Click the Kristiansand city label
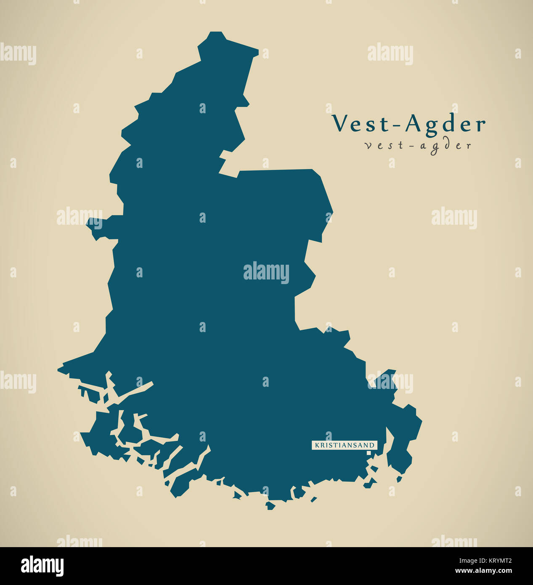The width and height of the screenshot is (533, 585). coord(345,445)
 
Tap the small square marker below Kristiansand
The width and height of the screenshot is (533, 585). coord(369,453)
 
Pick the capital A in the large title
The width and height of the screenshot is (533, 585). coord(414,123)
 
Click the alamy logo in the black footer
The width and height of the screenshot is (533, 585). coord(42,566)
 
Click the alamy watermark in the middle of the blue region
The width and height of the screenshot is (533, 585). coord(266,273)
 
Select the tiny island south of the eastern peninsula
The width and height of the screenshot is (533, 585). coord(399,479)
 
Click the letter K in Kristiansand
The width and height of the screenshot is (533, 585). coord(317,445)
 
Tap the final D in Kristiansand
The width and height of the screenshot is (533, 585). coord(372,445)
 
